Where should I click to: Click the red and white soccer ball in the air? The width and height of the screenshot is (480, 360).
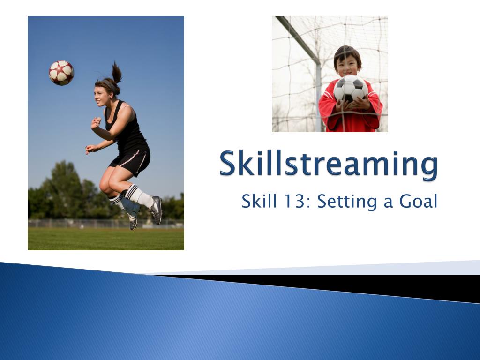point(61,73)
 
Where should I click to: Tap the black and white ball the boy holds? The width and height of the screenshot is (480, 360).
point(350,89)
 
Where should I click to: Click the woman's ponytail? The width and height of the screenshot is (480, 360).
point(116,74)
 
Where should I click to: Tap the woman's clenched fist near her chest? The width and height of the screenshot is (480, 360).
point(96,123)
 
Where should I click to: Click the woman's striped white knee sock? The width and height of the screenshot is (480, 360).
point(139,196)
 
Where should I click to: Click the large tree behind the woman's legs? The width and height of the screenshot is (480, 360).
point(66,187)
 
